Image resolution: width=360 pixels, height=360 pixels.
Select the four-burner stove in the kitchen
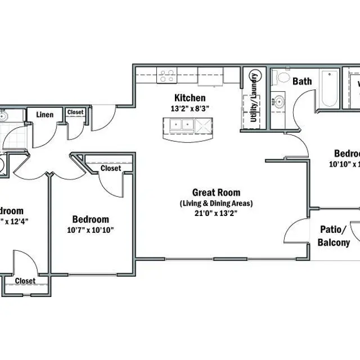pos(166,75)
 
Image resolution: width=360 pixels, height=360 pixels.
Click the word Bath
pos(302,82)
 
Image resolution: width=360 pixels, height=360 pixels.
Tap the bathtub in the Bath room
pos(328,88)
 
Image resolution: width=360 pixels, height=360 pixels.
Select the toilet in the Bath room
pos(281,77)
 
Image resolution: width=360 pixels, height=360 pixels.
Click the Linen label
pos(45,115)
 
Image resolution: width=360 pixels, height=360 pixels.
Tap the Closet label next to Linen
pos(75,112)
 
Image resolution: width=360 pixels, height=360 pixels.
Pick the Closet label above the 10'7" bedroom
pos(111,168)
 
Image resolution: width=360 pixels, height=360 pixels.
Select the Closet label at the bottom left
pos(25,281)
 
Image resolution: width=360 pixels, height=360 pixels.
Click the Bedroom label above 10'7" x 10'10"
pos(91,219)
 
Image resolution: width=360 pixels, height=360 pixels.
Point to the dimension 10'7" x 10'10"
pos(91,229)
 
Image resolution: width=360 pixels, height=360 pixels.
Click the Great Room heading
pos(216,192)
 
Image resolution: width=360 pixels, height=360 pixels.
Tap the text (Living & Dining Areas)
pos(216,203)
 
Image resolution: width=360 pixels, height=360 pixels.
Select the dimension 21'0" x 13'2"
pos(216,213)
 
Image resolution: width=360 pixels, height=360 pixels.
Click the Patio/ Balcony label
pos(335,236)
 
